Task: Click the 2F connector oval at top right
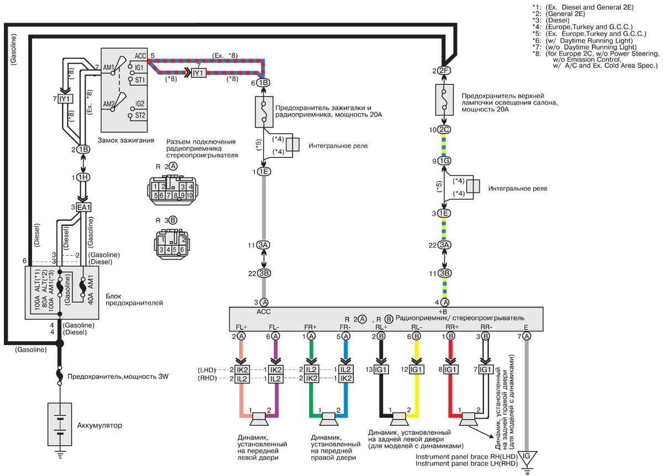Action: (x=444, y=71)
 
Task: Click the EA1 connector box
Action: (x=83, y=207)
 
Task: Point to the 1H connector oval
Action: (x=83, y=178)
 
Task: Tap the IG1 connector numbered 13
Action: (x=382, y=369)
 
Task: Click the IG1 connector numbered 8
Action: (x=451, y=369)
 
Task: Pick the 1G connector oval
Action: (x=444, y=161)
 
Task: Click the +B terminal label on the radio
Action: (x=442, y=311)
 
